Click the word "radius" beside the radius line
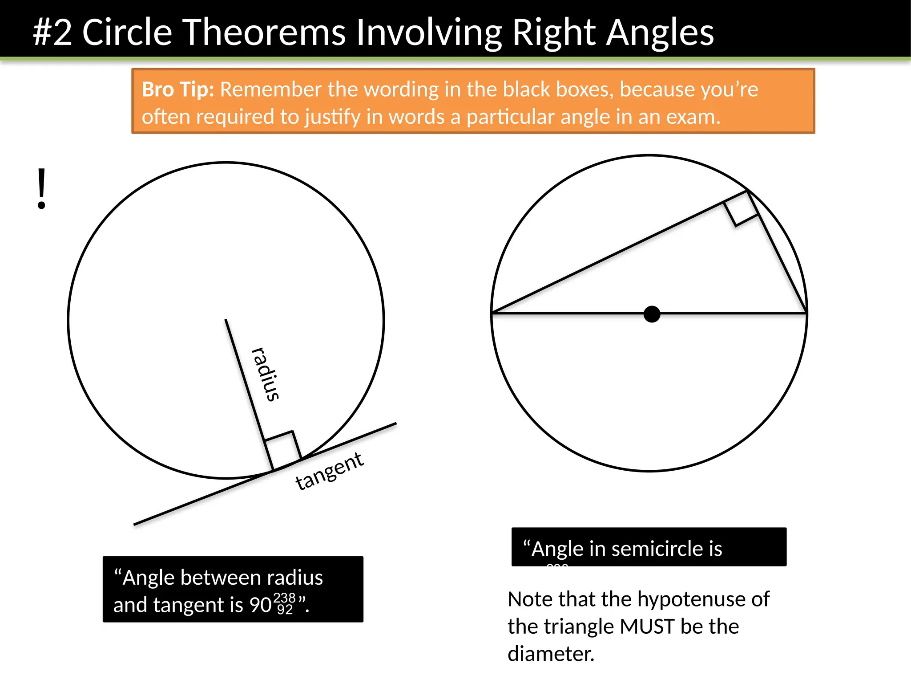266,375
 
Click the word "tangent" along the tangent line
330,471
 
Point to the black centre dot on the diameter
652,314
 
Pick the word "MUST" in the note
647,627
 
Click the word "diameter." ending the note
551,654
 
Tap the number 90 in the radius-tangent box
260,605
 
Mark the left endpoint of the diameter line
492,313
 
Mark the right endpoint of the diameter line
806,313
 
